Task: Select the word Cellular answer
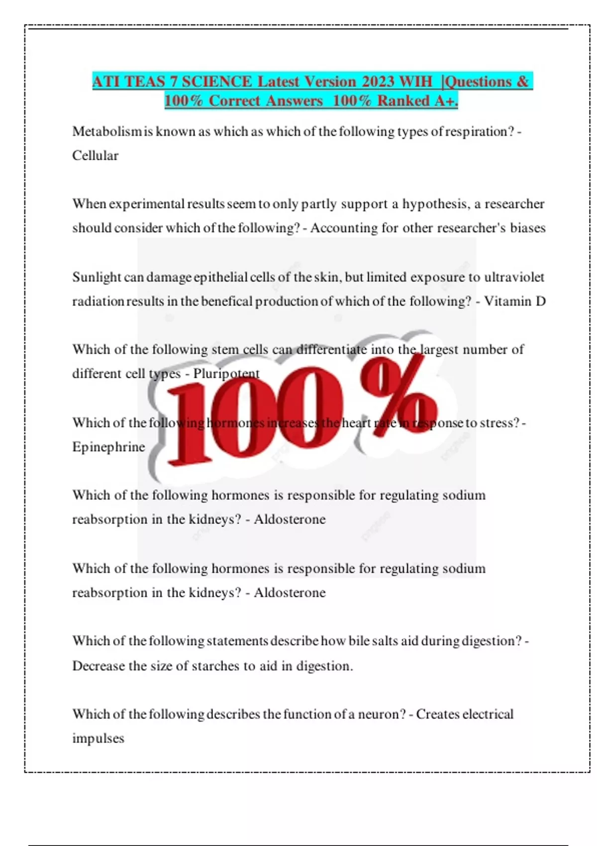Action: click(x=95, y=156)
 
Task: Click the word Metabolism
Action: click(x=106, y=131)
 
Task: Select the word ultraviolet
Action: click(x=514, y=277)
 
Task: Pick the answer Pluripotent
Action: click(x=226, y=374)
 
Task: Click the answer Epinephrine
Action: click(x=108, y=447)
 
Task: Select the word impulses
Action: click(x=98, y=738)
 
